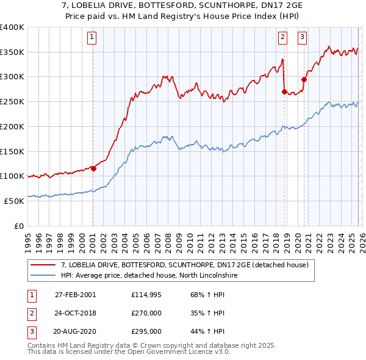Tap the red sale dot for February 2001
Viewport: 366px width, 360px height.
point(93,168)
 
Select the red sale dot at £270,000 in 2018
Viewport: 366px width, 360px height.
point(284,92)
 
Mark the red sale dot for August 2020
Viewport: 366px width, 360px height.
point(304,79)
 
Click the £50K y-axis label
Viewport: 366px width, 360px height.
point(15,200)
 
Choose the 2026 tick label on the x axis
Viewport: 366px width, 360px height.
point(362,237)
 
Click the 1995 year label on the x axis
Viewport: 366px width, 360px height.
point(28,237)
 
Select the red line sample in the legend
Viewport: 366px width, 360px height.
point(43,265)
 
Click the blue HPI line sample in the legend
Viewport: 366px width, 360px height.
point(43,276)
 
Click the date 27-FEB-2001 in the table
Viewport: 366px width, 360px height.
point(74,295)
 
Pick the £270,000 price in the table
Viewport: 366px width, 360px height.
point(146,313)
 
